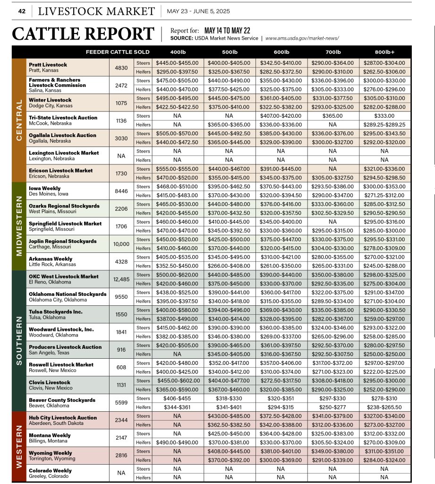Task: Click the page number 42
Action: (x=22, y=11)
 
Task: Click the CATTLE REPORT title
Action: (x=83, y=34)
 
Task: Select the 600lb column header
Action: (x=281, y=52)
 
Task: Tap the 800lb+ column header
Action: (x=384, y=52)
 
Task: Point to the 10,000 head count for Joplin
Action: (x=121, y=244)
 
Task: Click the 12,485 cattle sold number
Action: (x=121, y=279)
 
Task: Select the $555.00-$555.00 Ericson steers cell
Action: (x=177, y=169)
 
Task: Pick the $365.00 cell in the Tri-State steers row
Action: (x=333, y=116)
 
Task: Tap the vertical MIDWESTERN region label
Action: (x=19, y=225)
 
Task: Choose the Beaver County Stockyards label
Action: (x=62, y=400)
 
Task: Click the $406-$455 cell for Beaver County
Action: (x=177, y=398)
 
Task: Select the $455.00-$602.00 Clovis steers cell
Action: (x=177, y=380)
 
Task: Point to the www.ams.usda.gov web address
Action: (x=302, y=38)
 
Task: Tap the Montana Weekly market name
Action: (x=50, y=435)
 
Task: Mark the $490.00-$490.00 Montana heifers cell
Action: (x=177, y=442)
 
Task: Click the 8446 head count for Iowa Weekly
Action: (x=121, y=191)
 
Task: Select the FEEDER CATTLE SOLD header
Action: (x=118, y=52)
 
